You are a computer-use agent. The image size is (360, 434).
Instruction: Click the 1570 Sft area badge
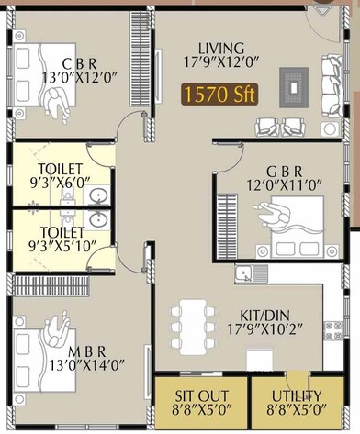click(219, 94)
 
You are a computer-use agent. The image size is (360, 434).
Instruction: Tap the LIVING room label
click(220, 48)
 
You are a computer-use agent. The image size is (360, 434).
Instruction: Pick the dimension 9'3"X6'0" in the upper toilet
click(61, 184)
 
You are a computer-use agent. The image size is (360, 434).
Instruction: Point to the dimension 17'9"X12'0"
click(220, 63)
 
